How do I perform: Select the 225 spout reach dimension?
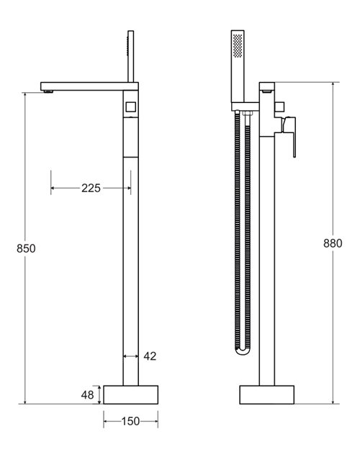pos(91,188)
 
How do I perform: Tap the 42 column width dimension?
pos(149,355)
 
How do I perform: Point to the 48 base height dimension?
pos(86,394)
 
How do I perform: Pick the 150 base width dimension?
pos(131,422)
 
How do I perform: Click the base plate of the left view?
pos(131,394)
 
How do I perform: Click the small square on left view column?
pos(130,108)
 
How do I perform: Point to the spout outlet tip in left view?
pos(48,90)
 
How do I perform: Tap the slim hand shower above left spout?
pos(132,58)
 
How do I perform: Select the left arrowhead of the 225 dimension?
pos(53,188)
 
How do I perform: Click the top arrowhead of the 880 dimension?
pos(332,86)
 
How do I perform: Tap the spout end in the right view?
pos(267,90)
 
